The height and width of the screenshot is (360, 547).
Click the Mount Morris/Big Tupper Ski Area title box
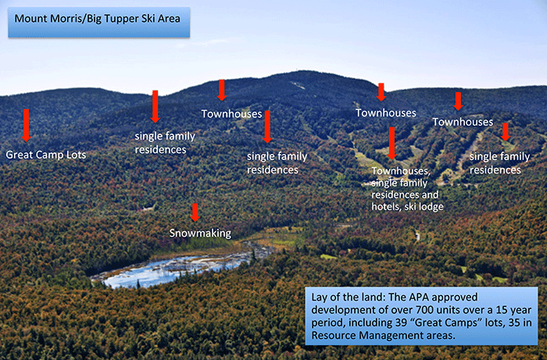click(x=99, y=23)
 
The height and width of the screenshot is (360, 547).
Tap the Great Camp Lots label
click(x=46, y=155)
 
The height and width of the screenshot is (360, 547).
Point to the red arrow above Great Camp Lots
click(x=26, y=126)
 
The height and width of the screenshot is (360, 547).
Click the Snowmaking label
click(x=200, y=233)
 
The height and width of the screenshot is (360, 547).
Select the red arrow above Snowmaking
click(x=195, y=212)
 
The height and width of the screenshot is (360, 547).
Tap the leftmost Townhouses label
click(x=231, y=114)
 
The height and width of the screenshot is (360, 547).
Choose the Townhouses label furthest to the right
click(x=463, y=122)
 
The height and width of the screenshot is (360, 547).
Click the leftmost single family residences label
click(x=165, y=143)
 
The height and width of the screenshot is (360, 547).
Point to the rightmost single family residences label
click(x=499, y=163)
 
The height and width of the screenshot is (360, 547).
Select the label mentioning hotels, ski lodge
click(x=407, y=189)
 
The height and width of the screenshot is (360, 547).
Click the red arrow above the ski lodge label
click(x=391, y=143)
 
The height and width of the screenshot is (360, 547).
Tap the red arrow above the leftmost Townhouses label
click(x=221, y=91)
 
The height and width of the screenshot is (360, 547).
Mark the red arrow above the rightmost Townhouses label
click(x=458, y=102)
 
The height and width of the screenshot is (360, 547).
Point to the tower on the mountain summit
click(x=298, y=71)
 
